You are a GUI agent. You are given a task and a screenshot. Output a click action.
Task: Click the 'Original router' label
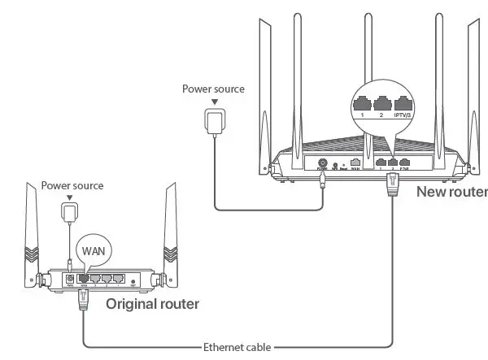pyautogui.click(x=152, y=304)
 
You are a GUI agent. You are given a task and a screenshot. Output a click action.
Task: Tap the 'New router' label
pyautogui.click(x=451, y=193)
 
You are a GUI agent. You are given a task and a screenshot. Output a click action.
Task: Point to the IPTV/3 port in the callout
pyautogui.click(x=404, y=104)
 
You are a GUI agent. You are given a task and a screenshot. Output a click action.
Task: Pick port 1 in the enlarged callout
pyautogui.click(x=361, y=104)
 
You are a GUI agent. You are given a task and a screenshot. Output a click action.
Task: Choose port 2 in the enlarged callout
pyautogui.click(x=382, y=104)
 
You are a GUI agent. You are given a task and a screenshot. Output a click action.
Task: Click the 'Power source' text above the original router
pyautogui.click(x=72, y=185)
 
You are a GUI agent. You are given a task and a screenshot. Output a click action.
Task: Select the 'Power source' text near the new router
pyautogui.click(x=212, y=88)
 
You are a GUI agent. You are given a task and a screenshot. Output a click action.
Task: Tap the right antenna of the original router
pyautogui.click(x=172, y=236)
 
